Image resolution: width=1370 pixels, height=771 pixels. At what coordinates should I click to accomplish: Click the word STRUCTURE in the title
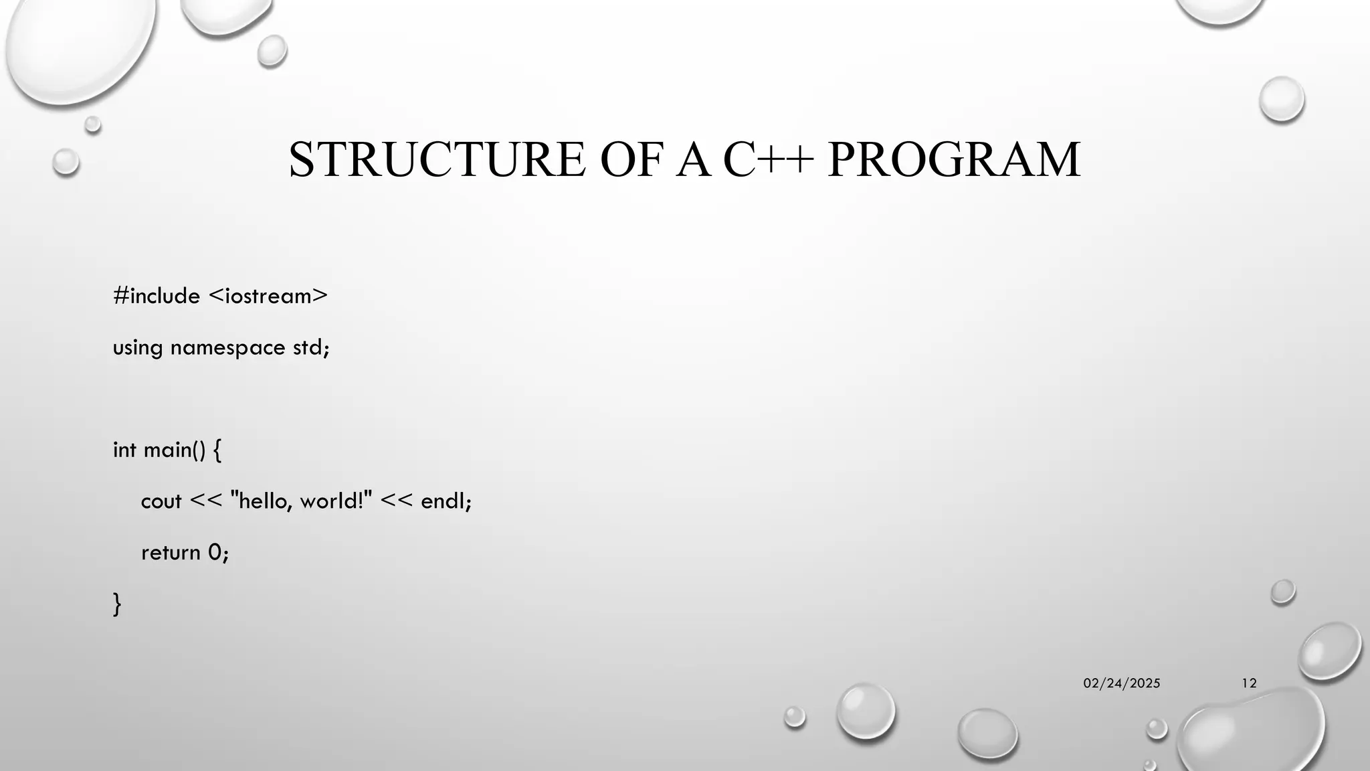[x=437, y=160]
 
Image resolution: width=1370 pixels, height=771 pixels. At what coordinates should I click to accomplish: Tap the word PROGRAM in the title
[x=953, y=160]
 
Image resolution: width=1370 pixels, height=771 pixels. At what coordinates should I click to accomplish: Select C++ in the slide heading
[x=768, y=160]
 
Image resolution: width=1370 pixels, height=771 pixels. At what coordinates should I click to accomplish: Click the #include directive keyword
[x=157, y=296]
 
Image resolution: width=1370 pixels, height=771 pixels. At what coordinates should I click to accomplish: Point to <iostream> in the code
[x=268, y=296]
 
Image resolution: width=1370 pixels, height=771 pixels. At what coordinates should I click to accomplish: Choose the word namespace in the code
[x=227, y=348]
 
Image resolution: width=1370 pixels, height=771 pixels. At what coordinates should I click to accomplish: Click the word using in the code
[x=137, y=349]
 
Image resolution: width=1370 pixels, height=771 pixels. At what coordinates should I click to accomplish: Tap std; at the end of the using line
[x=311, y=347]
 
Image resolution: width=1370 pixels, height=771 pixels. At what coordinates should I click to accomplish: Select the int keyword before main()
[x=124, y=450]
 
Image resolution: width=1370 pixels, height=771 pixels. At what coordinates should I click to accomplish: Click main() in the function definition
[x=175, y=450]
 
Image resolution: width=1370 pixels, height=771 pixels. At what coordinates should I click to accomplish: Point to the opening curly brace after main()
[x=217, y=450]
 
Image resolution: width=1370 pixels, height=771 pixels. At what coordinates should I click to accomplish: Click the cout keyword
[x=161, y=501]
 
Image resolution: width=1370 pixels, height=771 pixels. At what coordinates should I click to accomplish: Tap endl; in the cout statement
[x=446, y=501]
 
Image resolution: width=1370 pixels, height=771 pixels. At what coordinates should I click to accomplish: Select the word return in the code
[x=171, y=553]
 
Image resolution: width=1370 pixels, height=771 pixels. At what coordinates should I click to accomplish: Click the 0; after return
[x=218, y=553]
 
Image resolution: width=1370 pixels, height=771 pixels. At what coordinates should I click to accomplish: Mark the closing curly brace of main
[x=117, y=604]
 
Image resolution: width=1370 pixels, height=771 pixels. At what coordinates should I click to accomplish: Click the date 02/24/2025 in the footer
[x=1122, y=683]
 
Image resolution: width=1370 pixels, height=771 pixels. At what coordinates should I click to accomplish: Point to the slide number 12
[x=1249, y=683]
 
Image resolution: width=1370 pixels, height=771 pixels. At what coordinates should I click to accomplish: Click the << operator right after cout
[x=205, y=501]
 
